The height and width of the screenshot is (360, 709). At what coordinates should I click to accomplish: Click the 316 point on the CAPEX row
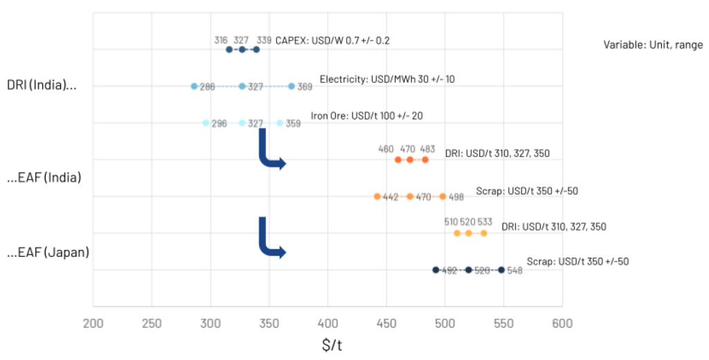pyautogui.click(x=229, y=49)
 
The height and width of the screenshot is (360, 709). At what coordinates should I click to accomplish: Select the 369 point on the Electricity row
pyautogui.click(x=291, y=86)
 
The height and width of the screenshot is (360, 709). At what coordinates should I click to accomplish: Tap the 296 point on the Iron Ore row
pyautogui.click(x=206, y=123)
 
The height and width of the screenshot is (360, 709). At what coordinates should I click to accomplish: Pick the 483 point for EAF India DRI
pyautogui.click(x=425, y=159)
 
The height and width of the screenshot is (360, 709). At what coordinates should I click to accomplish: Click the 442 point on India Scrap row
pyautogui.click(x=377, y=196)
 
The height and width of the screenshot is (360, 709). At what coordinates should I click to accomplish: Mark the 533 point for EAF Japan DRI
pyautogui.click(x=483, y=233)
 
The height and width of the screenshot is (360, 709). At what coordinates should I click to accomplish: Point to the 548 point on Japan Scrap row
pyautogui.click(x=501, y=270)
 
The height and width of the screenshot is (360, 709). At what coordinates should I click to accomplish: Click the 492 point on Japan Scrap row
pyautogui.click(x=436, y=270)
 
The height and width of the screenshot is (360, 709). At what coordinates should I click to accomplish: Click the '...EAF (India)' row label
pyautogui.click(x=44, y=178)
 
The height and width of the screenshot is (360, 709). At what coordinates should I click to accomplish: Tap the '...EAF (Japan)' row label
pyautogui.click(x=48, y=252)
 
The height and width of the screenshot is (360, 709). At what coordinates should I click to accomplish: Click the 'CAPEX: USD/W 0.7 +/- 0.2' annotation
pyautogui.click(x=332, y=40)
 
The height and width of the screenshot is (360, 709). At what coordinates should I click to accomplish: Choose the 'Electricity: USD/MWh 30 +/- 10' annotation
pyautogui.click(x=387, y=79)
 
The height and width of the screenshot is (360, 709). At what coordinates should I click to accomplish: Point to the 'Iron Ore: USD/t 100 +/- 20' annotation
pyautogui.click(x=366, y=116)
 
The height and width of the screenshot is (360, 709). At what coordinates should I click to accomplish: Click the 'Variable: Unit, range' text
pyautogui.click(x=653, y=45)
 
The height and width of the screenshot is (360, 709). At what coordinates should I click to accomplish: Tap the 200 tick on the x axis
pyautogui.click(x=93, y=323)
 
